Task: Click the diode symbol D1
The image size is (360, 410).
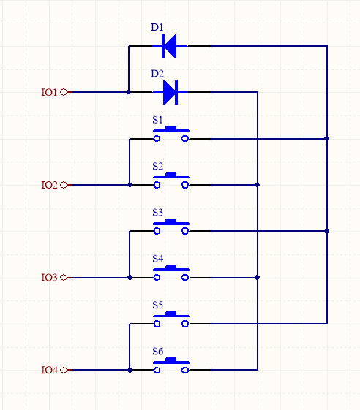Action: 170,46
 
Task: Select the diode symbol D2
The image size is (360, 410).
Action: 170,92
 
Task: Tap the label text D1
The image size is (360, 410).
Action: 157,27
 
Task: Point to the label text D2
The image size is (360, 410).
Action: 157,74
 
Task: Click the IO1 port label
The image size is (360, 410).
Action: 49,92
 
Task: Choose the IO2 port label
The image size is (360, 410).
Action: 49,185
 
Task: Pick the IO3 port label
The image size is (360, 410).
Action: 49,278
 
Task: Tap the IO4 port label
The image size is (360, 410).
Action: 49,370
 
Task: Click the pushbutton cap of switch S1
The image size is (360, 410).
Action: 171,128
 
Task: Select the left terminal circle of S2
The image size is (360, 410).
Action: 157,185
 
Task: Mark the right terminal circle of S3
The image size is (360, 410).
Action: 185,231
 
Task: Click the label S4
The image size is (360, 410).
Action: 157,259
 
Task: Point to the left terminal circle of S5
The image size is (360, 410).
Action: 157,324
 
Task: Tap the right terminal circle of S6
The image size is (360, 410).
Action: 185,370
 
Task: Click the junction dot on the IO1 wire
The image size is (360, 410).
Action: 128,92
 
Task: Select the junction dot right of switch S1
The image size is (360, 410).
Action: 327,139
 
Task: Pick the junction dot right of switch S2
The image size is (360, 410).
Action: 258,185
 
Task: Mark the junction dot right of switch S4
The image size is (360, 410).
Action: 258,277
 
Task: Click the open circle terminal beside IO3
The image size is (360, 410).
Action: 64,278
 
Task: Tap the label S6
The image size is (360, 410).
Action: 157,352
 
